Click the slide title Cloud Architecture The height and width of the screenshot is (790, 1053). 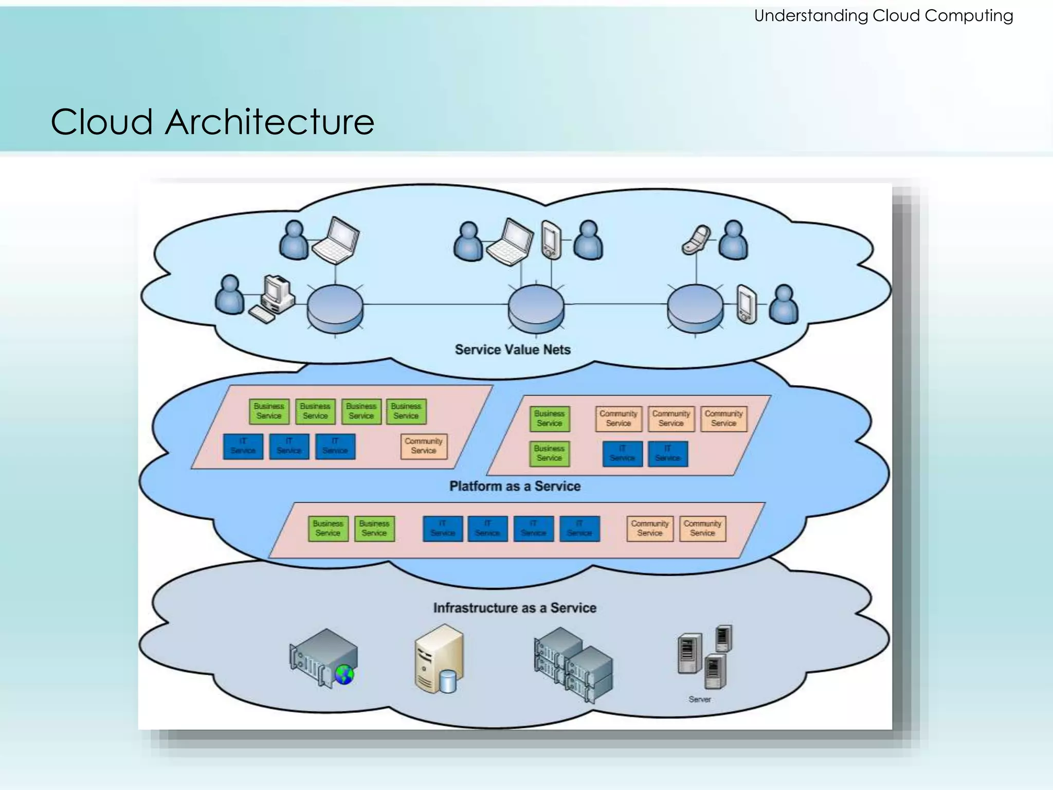click(212, 122)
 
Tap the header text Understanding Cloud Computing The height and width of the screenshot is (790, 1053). click(883, 16)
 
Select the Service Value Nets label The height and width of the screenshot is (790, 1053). click(513, 350)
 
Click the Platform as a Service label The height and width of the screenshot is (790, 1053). click(515, 486)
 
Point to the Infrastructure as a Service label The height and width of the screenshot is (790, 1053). click(515, 608)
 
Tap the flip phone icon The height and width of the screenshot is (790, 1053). click(696, 240)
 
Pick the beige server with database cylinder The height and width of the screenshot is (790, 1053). click(439, 659)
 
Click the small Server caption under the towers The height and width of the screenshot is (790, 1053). click(699, 699)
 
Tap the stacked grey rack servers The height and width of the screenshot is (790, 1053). click(573, 664)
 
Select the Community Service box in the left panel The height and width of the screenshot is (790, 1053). click(424, 446)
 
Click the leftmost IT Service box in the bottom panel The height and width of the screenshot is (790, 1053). click(443, 529)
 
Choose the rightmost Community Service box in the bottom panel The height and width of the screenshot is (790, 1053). click(702, 529)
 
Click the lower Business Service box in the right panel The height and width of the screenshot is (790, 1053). click(549, 454)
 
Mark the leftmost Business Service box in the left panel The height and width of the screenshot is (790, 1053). click(269, 411)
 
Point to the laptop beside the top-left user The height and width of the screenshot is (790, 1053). click(336, 241)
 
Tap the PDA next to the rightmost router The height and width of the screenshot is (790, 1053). click(747, 304)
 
